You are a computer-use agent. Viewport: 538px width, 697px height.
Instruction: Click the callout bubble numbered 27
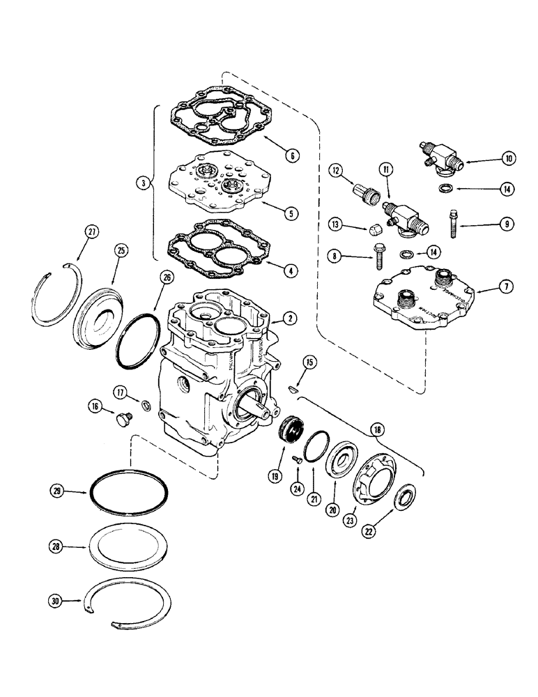(x=89, y=233)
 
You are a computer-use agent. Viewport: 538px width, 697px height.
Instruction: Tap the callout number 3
(x=143, y=183)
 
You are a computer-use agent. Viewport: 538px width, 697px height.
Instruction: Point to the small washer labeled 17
(x=146, y=406)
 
